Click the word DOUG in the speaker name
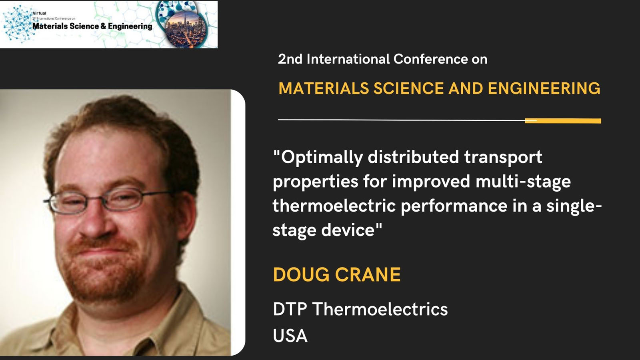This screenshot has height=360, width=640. pyautogui.click(x=301, y=274)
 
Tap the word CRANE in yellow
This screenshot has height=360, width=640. pyautogui.click(x=368, y=274)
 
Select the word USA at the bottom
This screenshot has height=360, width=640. pyautogui.click(x=290, y=336)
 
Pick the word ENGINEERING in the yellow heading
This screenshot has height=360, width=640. pyautogui.click(x=544, y=88)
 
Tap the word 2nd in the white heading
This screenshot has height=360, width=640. pyautogui.click(x=290, y=60)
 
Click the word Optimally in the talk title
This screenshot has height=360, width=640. pyautogui.click(x=322, y=158)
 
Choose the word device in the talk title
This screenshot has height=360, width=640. pyautogui.click(x=348, y=230)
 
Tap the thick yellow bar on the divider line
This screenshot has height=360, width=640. pyautogui.click(x=563, y=121)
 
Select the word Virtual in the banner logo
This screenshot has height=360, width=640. pyautogui.click(x=40, y=13)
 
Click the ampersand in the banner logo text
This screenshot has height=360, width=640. pyautogui.click(x=103, y=26)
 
